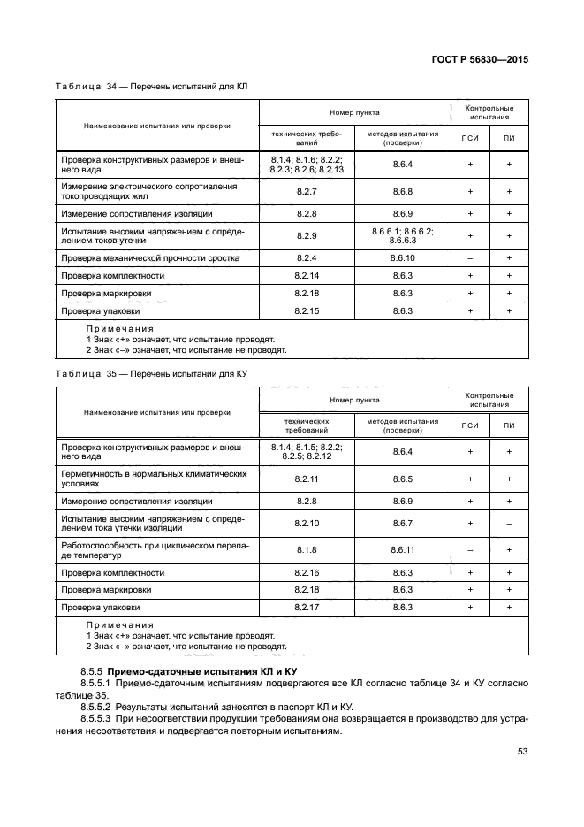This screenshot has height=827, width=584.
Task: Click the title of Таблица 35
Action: (x=151, y=374)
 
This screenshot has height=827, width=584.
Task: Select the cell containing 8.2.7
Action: (x=307, y=191)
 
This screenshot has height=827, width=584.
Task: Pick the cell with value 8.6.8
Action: (x=402, y=191)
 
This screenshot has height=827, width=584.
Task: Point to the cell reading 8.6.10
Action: (x=402, y=258)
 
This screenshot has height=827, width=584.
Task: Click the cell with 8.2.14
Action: (x=307, y=276)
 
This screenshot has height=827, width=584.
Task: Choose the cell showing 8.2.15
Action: (x=307, y=311)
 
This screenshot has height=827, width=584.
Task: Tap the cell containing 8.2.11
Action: (x=307, y=479)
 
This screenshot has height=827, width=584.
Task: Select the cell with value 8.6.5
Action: (x=402, y=479)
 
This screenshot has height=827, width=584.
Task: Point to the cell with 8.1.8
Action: (x=307, y=550)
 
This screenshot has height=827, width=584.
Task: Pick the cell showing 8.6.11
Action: (x=402, y=550)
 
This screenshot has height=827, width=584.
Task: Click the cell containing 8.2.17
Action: (x=307, y=608)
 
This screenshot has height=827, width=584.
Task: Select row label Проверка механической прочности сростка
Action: (x=150, y=258)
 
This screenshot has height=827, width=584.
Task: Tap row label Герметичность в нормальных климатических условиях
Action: (x=153, y=479)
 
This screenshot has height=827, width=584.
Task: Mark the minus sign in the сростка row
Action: (x=470, y=258)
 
